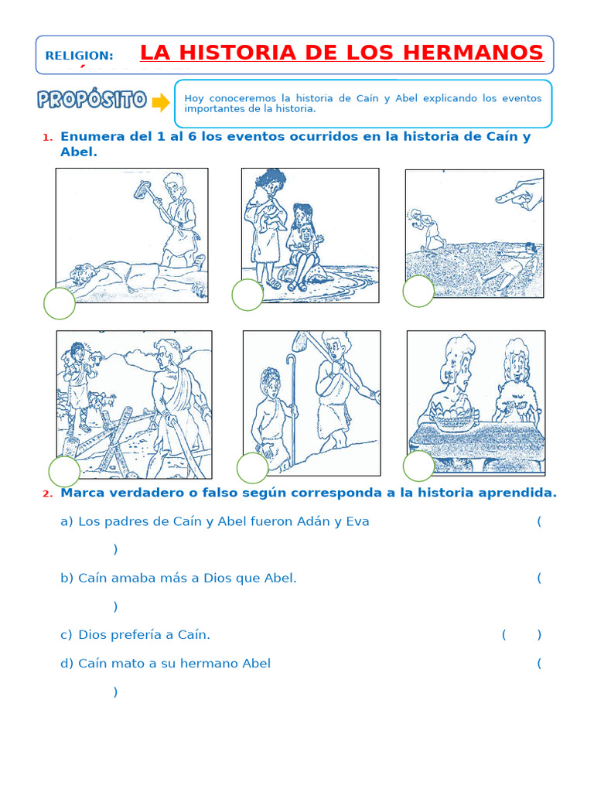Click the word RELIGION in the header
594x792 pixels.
(79, 56)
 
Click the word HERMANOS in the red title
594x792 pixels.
(477, 53)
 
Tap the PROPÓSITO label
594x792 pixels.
(91, 100)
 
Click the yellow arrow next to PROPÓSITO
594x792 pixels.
(160, 102)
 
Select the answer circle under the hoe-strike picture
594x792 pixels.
(60, 303)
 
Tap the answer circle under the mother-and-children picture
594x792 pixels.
(247, 295)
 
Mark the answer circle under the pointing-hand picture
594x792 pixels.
(418, 291)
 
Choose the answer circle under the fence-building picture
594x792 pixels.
(64, 471)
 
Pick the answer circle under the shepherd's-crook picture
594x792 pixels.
(252, 468)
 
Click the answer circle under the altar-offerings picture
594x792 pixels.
(418, 466)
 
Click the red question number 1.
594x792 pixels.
(47, 138)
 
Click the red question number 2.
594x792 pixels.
(47, 494)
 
